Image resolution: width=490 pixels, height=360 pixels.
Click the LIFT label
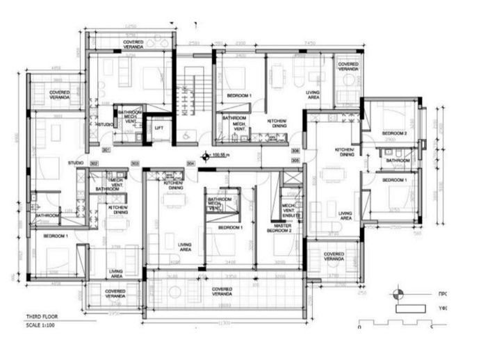click(x=159, y=128)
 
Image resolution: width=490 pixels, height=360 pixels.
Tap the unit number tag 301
click(x=106, y=149)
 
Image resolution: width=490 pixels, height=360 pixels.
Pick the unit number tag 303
click(x=135, y=163)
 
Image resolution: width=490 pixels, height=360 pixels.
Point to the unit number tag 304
click(x=190, y=163)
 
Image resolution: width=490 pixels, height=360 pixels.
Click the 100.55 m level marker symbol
click(x=204, y=156)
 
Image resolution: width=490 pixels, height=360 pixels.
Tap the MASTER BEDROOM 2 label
click(x=281, y=227)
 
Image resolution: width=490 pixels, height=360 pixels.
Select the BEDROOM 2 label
click(x=394, y=133)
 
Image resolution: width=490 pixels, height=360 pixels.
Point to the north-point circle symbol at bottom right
click(x=398, y=293)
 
